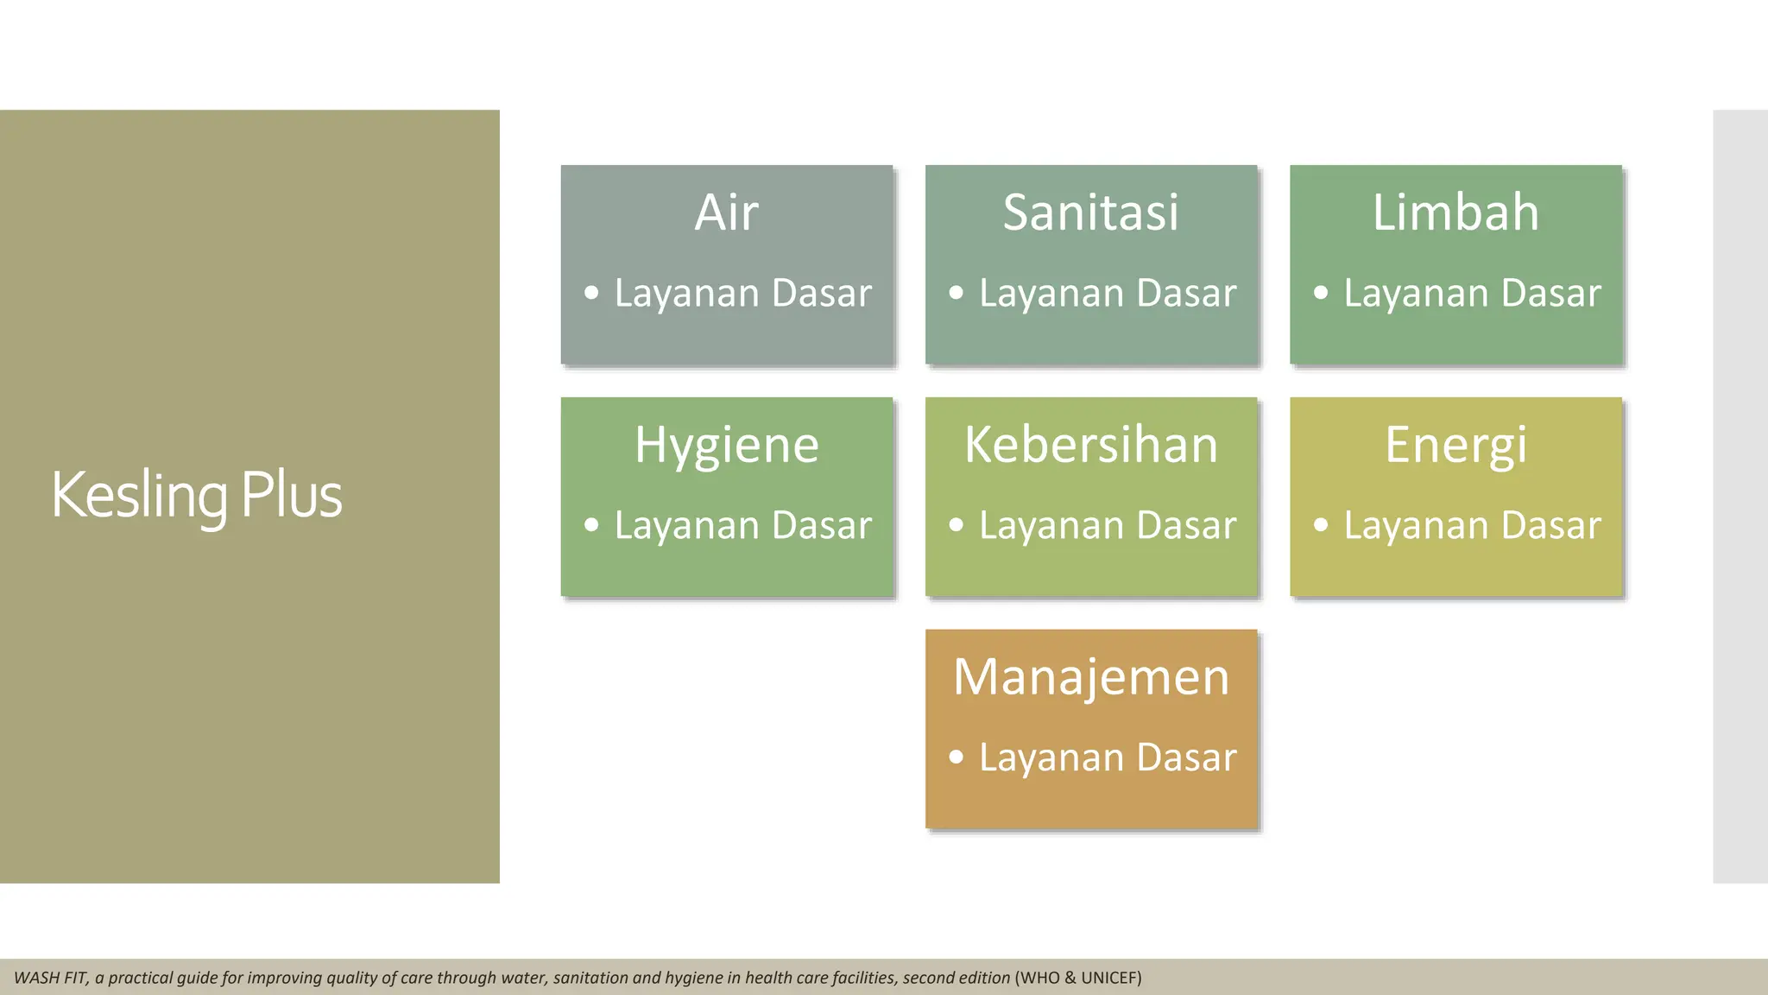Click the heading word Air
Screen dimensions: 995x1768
pos(726,212)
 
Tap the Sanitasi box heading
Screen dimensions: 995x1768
pos(1090,212)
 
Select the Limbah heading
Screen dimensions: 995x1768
pos(1455,212)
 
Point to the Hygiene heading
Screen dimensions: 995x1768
pos(726,446)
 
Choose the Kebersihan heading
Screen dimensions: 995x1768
pos(1090,446)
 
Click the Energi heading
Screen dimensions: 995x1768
pos(1455,446)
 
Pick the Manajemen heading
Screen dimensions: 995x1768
pos(1090,677)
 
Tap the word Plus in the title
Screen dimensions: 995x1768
pos(291,496)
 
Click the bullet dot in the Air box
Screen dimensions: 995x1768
pos(591,293)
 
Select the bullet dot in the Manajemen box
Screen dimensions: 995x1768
pos(956,757)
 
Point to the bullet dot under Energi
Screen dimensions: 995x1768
pos(1321,525)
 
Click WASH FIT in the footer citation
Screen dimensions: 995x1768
pos(50,978)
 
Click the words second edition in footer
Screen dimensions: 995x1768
pos(956,978)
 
